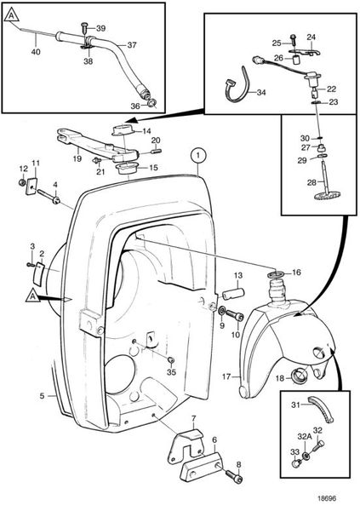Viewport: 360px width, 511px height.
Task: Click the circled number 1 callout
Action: pos(198,156)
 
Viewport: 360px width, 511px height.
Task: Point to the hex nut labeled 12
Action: pos(22,182)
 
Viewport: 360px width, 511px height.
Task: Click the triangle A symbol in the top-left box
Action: pos(12,15)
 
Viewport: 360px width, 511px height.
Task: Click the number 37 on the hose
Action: pos(132,44)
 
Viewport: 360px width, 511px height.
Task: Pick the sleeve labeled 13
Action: pos(235,294)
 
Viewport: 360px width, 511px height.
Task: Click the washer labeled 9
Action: pos(222,310)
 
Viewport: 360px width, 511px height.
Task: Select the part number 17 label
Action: pos(226,376)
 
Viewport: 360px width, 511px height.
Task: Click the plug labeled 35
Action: pos(171,359)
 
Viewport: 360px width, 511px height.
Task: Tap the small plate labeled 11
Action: pos(31,186)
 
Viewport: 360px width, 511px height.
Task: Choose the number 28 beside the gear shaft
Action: pos(311,182)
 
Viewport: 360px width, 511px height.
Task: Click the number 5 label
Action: pos(42,396)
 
